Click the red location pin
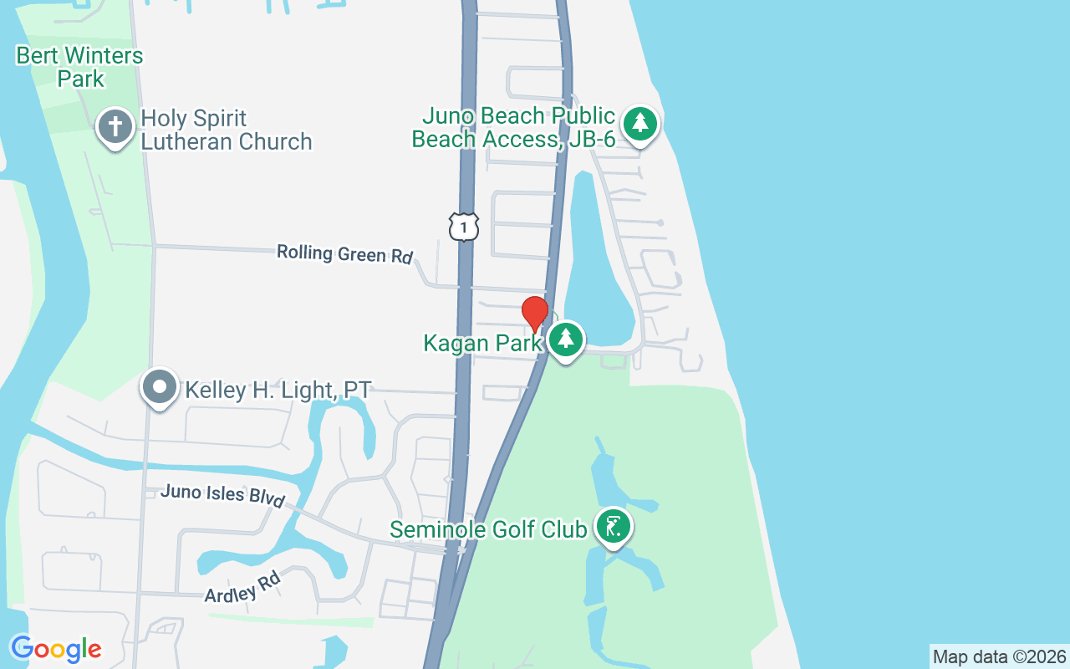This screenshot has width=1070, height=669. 535,314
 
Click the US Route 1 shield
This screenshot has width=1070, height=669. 464,227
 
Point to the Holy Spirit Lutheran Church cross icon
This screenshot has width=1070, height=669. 115,127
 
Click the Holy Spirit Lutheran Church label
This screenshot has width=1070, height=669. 226,130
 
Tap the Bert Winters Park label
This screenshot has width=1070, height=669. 80,68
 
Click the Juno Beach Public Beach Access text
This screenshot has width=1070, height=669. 513,127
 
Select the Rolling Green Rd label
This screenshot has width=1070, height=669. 344,254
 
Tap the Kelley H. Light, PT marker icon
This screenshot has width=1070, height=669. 159,388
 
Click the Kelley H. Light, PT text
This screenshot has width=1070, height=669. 278,390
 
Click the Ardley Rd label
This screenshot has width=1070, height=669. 242,586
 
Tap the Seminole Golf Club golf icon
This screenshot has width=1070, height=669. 614,528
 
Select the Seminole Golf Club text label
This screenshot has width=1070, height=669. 488,529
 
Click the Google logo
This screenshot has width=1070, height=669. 56,649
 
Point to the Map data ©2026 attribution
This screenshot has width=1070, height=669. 999,656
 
